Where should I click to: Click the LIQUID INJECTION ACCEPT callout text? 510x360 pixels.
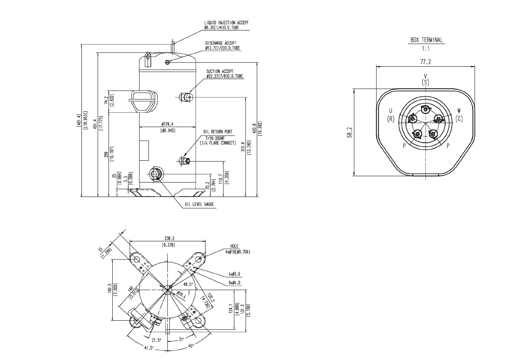coord(226,23)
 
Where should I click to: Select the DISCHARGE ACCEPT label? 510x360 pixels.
coord(221,43)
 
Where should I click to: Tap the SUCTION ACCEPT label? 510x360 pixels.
coord(220,71)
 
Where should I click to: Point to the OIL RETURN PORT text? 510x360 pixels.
coord(217,132)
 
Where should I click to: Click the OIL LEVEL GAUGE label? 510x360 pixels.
coord(200,204)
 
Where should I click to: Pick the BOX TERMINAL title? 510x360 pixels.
coord(426,40)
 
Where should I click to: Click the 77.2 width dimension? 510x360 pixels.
coord(425,61)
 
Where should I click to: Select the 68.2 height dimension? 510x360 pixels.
coord(350,133)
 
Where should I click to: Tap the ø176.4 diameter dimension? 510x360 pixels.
coord(168,124)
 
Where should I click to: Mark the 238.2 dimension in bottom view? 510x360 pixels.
coord(168,238)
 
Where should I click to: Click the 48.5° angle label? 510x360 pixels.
coord(188,284)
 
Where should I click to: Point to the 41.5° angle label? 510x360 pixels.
coord(149,348)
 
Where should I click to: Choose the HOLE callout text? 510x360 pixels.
coord(234,246)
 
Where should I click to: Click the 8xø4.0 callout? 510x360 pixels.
coord(235,282)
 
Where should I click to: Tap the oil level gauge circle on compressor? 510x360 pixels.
coord(155,174)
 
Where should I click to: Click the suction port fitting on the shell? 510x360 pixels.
coord(186,98)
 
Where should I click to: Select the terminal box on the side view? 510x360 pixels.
coord(144,101)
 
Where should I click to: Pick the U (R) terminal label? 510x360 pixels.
coord(390,115)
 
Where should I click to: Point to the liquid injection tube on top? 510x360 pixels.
coord(173,48)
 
